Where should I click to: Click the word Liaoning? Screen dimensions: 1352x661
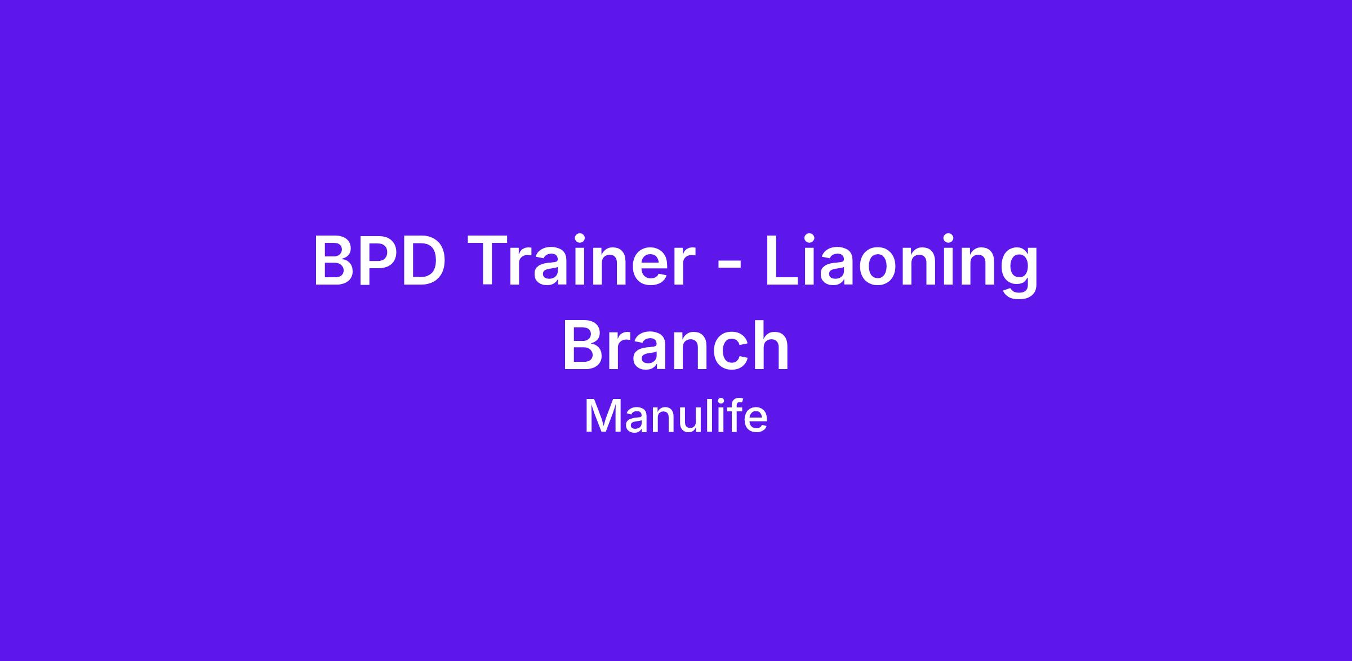coord(900,265)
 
